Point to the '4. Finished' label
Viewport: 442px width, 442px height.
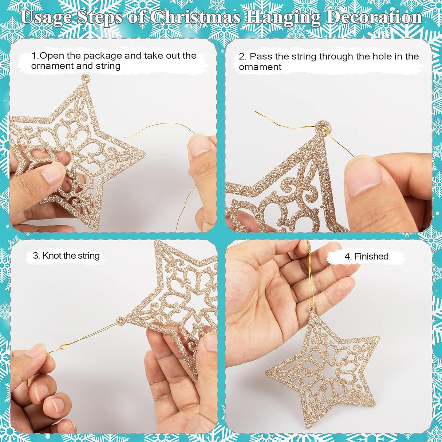[x=366, y=256]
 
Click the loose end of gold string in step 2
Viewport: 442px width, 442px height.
[x=256, y=112]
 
